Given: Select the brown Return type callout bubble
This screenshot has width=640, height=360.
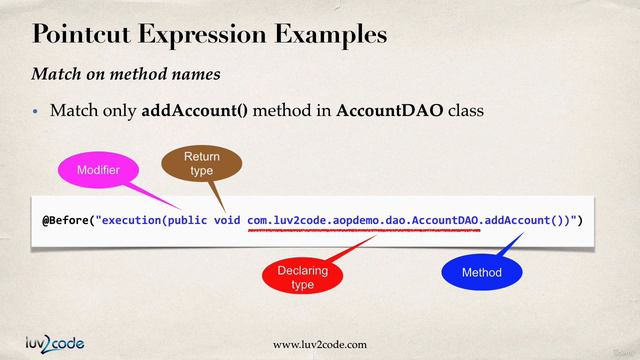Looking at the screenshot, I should [x=201, y=164].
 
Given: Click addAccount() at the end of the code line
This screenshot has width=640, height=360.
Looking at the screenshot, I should [x=523, y=219].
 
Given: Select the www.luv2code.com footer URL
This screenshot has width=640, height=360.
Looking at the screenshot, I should [x=319, y=345].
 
